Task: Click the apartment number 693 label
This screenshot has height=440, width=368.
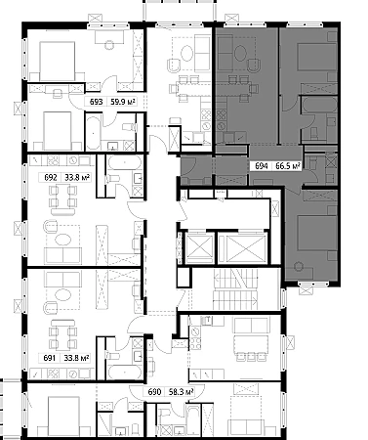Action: tap(97, 102)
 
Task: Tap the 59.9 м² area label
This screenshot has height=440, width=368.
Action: tap(123, 102)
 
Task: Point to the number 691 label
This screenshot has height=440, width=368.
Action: tap(50, 358)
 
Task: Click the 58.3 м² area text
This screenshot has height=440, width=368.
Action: tap(182, 392)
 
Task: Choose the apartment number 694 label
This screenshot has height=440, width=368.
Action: tap(262, 166)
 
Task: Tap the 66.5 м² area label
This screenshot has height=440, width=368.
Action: tap(288, 166)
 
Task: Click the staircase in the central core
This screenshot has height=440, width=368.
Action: tap(235, 289)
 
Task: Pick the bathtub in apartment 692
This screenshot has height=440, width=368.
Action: tap(125, 162)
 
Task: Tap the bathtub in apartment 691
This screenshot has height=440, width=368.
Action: tap(125, 372)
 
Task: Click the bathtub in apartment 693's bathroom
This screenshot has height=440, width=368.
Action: tap(94, 131)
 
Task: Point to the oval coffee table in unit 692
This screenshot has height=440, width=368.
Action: tap(62, 240)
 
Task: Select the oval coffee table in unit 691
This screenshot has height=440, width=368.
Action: tap(62, 295)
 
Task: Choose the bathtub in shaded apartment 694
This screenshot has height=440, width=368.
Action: tap(319, 105)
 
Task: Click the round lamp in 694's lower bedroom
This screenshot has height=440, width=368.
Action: tap(299, 267)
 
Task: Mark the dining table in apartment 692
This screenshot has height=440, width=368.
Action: tap(63, 198)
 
